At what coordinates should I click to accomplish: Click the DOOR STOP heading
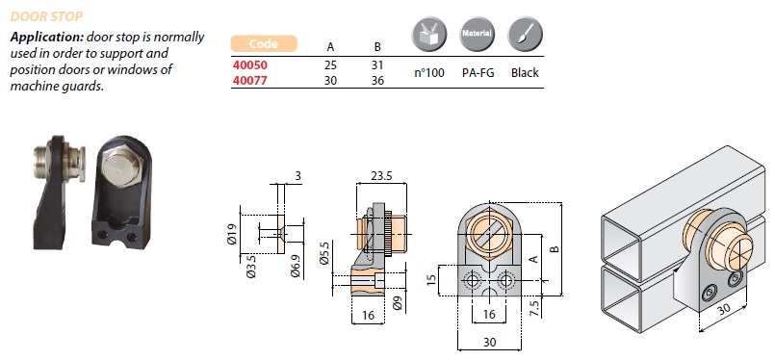coord(46,16)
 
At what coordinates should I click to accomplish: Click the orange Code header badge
coord(264,43)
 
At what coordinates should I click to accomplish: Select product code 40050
coord(249,64)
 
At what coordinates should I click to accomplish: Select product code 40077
coord(249,80)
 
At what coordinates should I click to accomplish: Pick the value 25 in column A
coord(330,65)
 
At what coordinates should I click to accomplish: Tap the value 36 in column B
coord(377,80)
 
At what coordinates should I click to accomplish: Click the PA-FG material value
coord(478,73)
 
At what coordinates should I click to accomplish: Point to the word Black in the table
coord(525,73)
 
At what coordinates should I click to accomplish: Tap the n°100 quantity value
coord(429,73)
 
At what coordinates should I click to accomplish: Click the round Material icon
coord(477,34)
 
